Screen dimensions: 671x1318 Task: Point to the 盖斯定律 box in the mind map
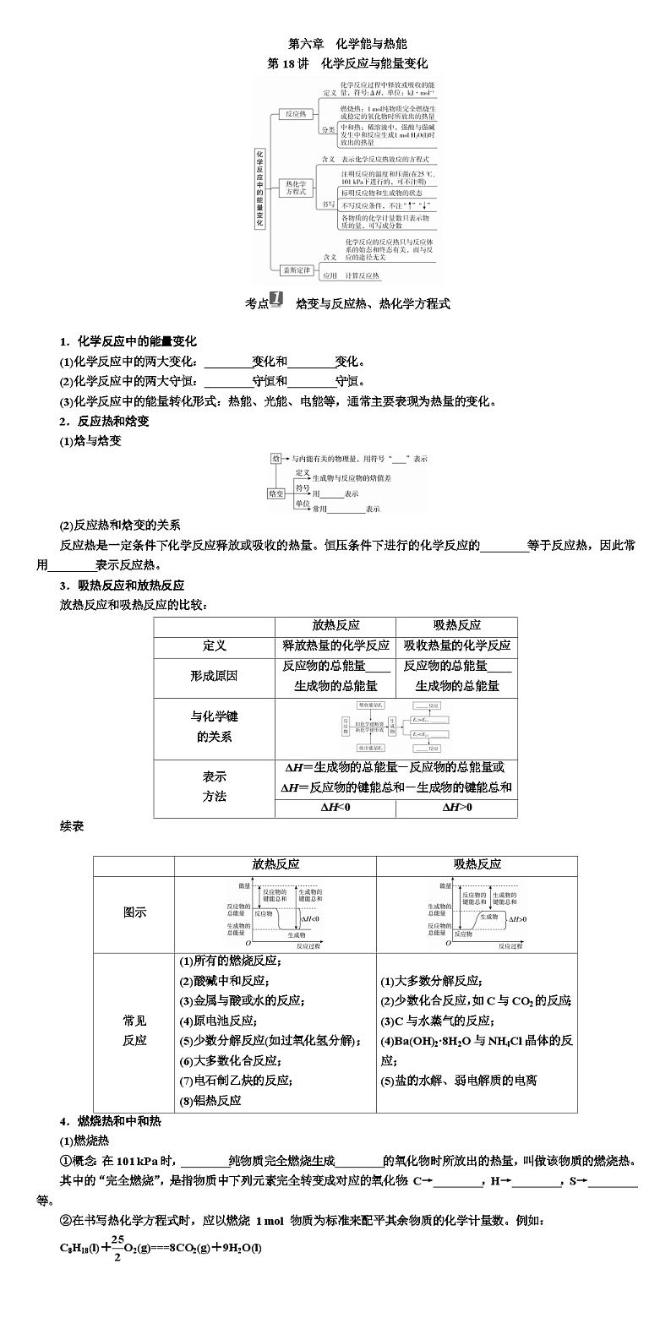click(297, 270)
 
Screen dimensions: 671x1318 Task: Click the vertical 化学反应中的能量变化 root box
click(259, 188)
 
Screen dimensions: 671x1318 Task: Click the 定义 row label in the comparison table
click(214, 645)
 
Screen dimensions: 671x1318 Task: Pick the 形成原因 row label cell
click(214, 676)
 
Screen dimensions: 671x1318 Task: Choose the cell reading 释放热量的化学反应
click(335, 645)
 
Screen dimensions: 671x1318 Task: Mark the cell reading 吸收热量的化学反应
click(457, 645)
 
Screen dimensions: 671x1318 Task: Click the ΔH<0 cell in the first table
click(335, 808)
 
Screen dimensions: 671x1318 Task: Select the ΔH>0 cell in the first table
click(457, 808)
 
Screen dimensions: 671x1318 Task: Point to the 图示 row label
click(134, 912)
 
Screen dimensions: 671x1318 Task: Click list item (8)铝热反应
click(210, 1100)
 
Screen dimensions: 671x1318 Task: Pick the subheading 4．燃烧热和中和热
click(110, 1121)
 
